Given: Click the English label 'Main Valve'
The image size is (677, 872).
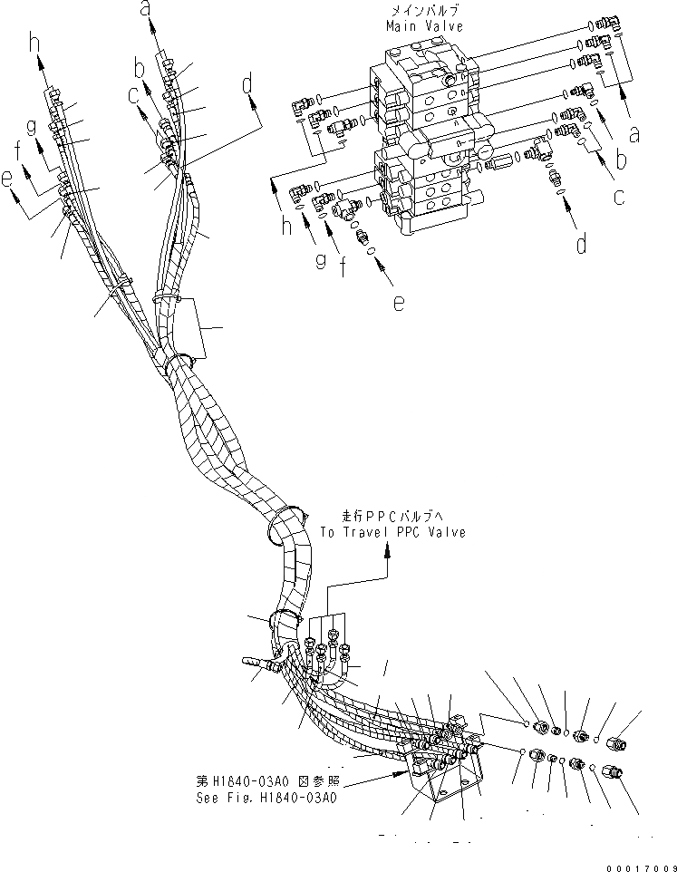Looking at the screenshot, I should [419, 26].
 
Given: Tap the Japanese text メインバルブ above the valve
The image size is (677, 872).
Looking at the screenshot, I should [419, 11].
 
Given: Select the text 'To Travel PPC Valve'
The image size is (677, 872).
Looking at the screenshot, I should [392, 532].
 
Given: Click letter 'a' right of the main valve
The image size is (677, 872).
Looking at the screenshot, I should [633, 135].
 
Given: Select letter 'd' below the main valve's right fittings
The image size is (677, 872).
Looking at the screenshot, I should [580, 242].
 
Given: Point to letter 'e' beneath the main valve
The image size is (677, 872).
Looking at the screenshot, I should [398, 304].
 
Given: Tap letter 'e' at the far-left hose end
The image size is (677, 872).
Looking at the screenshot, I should [8, 180].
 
